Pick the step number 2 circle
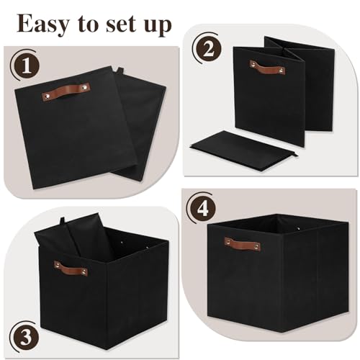click(x=207, y=49)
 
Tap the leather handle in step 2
click(x=267, y=68)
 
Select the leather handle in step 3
click(x=71, y=269)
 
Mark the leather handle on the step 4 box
click(x=243, y=243)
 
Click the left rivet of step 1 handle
click(x=47, y=96)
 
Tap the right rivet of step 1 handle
click(x=85, y=88)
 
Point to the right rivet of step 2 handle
click(x=281, y=71)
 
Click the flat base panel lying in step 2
click(x=243, y=150)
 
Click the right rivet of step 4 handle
click(x=256, y=246)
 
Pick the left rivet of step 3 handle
click(x=57, y=265)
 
